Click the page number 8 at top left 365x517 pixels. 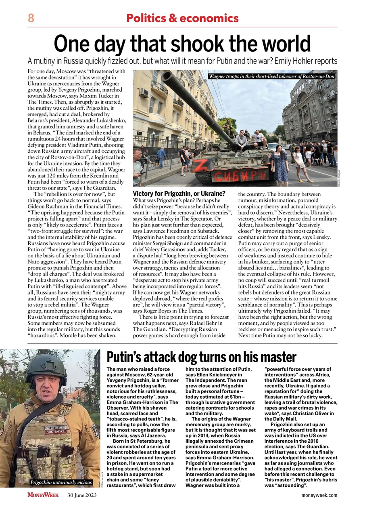pos(31,18)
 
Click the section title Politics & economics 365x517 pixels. pos(182,18)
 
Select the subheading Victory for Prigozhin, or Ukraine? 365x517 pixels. pos(179,193)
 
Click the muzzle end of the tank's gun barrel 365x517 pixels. pos(166,76)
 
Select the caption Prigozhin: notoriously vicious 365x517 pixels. pos(61,482)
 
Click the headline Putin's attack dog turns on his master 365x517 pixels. pos(201,357)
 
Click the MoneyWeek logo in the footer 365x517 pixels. pos(43,495)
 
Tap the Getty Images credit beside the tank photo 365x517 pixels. pos(340,178)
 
